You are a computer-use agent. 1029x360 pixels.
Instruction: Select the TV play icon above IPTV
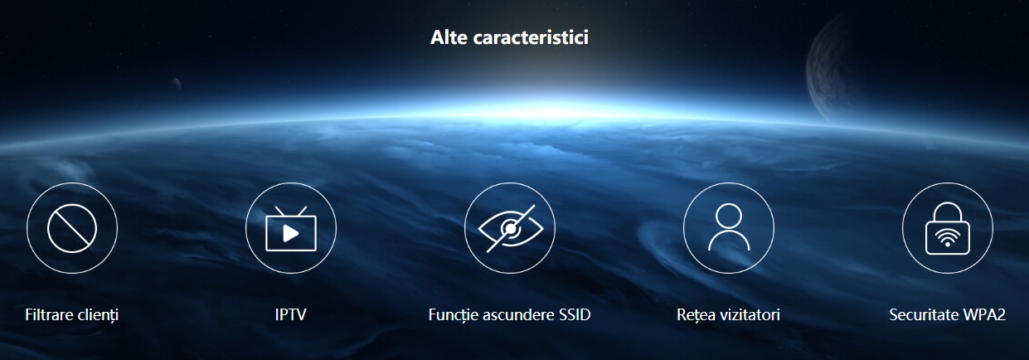click(x=291, y=229)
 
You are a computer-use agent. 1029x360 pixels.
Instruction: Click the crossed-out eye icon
click(x=510, y=228)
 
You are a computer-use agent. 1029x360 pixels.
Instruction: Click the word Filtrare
click(x=50, y=315)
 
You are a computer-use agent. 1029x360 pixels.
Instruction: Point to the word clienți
click(x=99, y=315)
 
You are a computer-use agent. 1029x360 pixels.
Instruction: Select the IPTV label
click(x=291, y=315)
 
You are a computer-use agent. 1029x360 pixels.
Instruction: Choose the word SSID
click(x=575, y=315)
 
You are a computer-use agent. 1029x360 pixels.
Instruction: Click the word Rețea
click(x=696, y=315)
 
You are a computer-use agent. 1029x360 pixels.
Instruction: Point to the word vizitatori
click(x=750, y=315)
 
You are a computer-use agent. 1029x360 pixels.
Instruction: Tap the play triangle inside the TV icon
click(x=291, y=234)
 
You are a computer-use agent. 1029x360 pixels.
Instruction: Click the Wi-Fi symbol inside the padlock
click(x=948, y=238)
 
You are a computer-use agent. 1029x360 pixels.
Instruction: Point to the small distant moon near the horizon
click(x=176, y=84)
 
